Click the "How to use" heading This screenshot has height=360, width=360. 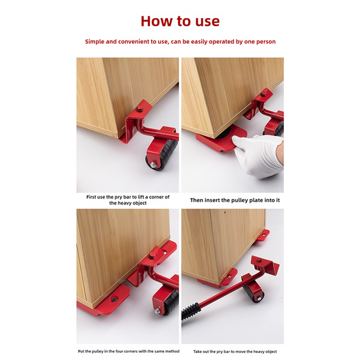tap(180, 21)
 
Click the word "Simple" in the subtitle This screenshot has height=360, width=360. tap(96, 42)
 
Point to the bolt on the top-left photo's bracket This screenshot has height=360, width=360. tap(139, 110)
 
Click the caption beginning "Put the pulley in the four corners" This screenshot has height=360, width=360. tap(127, 351)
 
